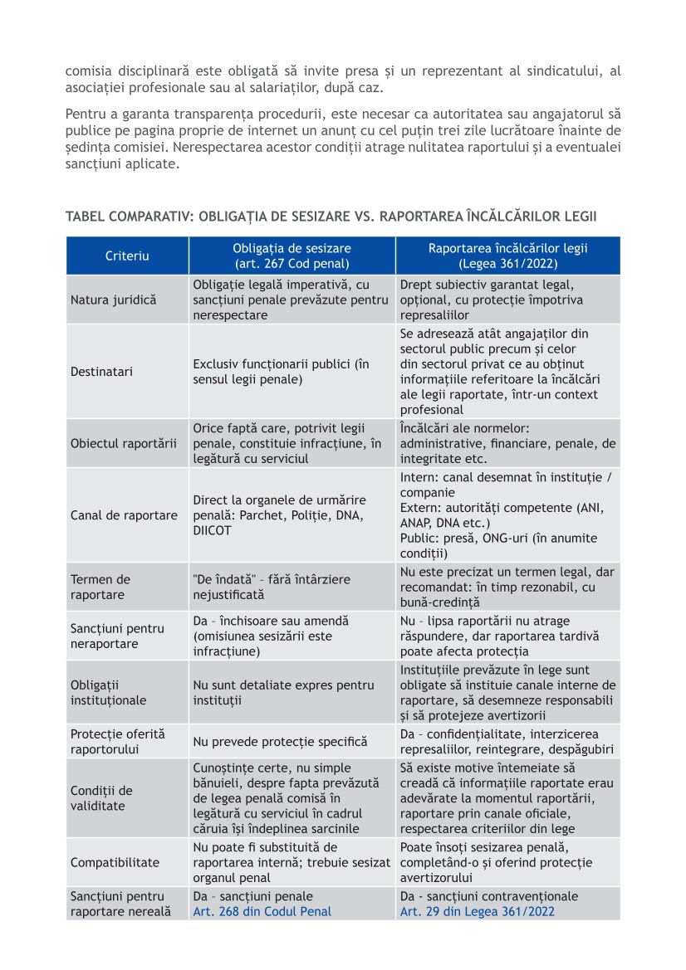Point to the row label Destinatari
(101, 372)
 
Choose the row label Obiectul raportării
(123, 443)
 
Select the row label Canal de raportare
(124, 515)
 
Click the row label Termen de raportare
(100, 587)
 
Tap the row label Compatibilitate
(115, 862)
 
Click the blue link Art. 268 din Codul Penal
(262, 911)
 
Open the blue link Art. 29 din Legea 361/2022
(478, 911)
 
